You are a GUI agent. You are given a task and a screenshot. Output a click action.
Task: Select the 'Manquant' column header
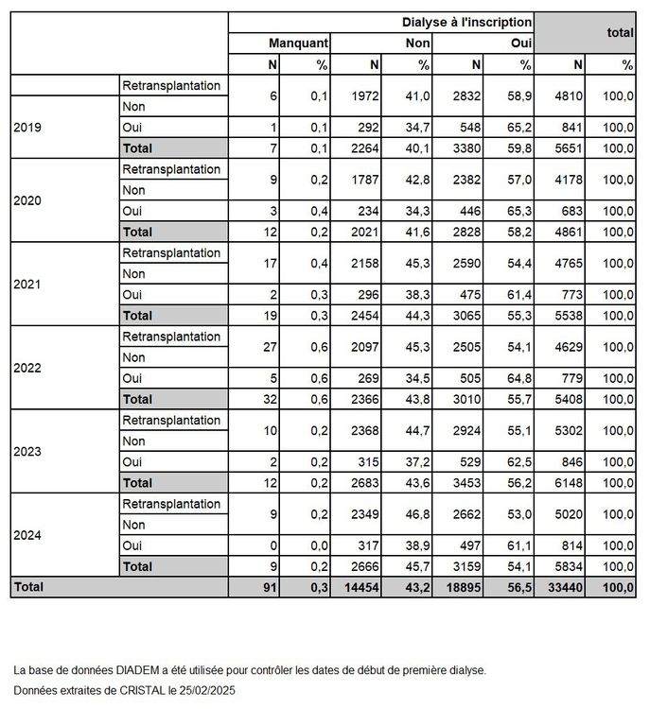(298, 43)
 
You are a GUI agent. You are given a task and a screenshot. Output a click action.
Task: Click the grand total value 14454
(360, 587)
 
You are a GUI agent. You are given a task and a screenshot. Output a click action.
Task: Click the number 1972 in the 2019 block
(362, 96)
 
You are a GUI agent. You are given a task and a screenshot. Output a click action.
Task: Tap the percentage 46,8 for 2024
(417, 513)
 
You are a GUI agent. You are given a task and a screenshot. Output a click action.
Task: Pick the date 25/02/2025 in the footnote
(204, 690)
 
